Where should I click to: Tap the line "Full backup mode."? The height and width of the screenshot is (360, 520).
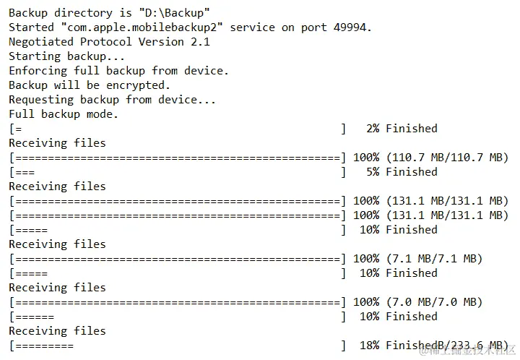(64, 113)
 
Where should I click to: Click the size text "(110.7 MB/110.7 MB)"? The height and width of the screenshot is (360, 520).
(447, 157)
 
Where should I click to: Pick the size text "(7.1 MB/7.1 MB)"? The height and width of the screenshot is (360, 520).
(434, 258)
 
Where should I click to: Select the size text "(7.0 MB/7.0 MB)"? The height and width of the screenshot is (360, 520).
(434, 301)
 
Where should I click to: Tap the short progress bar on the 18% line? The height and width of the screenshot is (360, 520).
(44, 346)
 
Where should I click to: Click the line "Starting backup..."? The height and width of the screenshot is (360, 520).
(66, 56)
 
